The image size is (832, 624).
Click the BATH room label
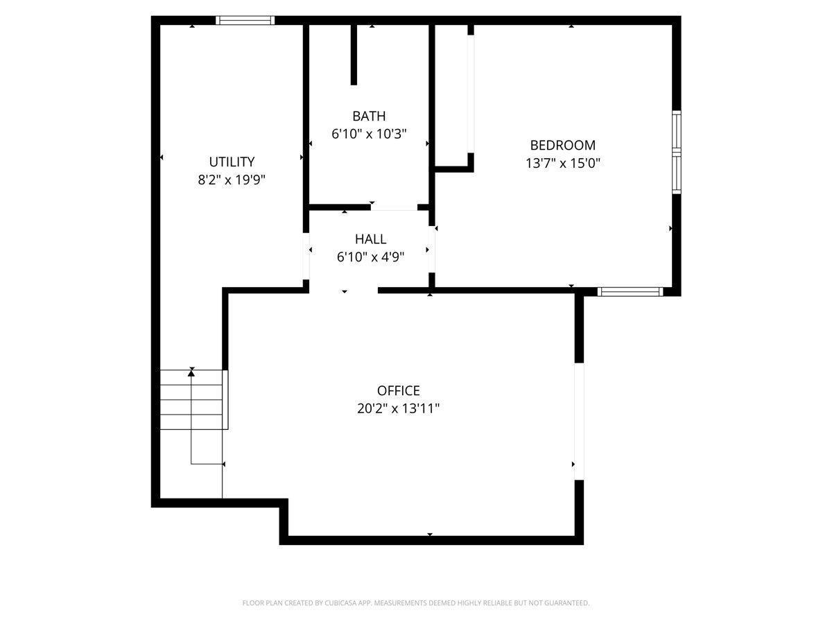pos(368,116)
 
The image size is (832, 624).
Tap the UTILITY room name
pos(232,162)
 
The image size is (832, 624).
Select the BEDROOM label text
pos(562,145)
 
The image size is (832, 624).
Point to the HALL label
pos(370,239)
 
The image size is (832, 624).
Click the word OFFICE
pos(398,391)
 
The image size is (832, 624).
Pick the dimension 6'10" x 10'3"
pos(368,134)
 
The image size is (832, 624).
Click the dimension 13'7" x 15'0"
pos(562,164)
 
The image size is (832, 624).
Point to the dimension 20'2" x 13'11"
pos(398,409)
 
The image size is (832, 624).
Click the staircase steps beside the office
pos(193,400)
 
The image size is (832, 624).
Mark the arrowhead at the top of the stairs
pos(191,373)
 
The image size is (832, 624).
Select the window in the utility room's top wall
pos(245,20)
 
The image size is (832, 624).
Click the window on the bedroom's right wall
pos(677,152)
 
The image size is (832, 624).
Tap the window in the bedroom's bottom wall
pos(630,292)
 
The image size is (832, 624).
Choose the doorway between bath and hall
pos(393,207)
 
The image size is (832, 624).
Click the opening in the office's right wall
pos(579,421)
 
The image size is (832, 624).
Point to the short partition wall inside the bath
pos(354,55)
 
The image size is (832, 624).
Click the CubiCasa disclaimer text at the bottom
pos(416,603)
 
